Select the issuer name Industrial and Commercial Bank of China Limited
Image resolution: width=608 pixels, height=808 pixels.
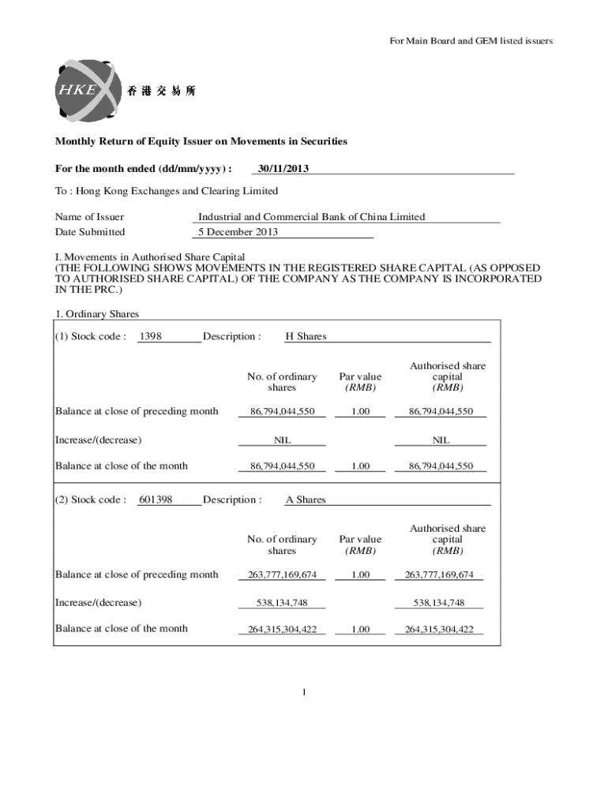(x=311, y=217)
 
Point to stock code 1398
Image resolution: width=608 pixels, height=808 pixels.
(x=150, y=337)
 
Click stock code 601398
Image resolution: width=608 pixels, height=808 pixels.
(x=156, y=499)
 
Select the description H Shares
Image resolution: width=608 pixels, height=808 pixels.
(x=306, y=337)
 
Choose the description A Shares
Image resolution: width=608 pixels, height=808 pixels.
(x=306, y=499)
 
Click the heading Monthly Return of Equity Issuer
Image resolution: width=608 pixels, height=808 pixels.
(x=201, y=141)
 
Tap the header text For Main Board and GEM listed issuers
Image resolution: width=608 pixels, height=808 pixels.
(x=471, y=41)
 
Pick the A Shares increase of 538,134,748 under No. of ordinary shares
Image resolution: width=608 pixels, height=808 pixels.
(x=282, y=603)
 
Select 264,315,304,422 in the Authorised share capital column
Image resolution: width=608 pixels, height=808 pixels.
(x=439, y=630)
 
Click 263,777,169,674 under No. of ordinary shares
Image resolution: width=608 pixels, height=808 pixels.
(x=282, y=575)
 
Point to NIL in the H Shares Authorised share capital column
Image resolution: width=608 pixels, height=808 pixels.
(x=440, y=440)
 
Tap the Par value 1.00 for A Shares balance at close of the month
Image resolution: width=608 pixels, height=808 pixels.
(x=360, y=630)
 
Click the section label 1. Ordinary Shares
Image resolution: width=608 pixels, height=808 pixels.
(x=97, y=314)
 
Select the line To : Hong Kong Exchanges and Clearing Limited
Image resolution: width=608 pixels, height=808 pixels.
(x=166, y=191)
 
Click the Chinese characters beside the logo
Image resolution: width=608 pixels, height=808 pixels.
(x=161, y=91)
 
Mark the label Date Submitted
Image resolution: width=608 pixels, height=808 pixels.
(x=89, y=232)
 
